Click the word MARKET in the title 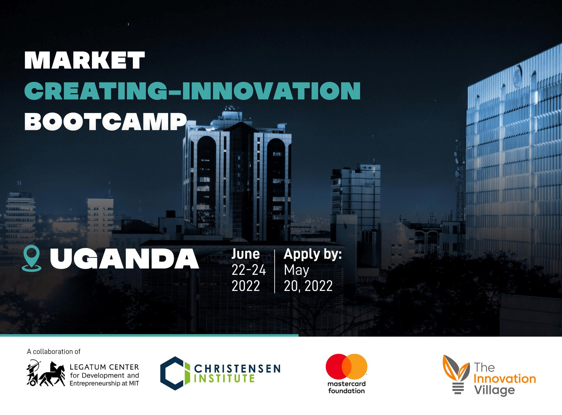click(x=85, y=60)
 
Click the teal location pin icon click(x=32, y=258)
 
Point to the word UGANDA click(x=124, y=259)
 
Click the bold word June click(x=246, y=254)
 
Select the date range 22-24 click(x=249, y=270)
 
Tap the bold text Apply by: click(x=313, y=254)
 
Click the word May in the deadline click(x=297, y=270)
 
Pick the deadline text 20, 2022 click(x=308, y=286)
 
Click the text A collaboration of click(x=54, y=351)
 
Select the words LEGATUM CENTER click(x=104, y=367)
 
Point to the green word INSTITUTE click(x=225, y=378)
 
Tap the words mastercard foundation click(x=347, y=387)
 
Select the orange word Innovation click(x=505, y=379)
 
